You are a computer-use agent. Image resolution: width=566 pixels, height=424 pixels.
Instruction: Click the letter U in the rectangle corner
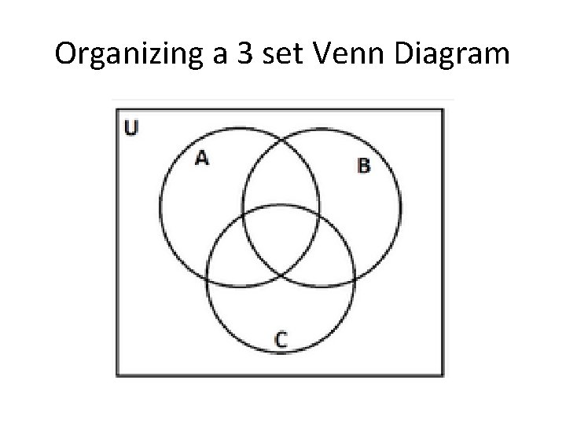pos(130,127)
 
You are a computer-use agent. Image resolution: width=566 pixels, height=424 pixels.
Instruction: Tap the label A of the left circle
pos(202,158)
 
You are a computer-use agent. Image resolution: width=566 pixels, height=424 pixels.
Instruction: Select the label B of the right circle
pos(363,165)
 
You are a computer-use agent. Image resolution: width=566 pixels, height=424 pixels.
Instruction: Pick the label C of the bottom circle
pos(281,338)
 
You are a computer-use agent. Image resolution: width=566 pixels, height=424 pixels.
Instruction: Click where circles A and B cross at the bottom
pos(281,275)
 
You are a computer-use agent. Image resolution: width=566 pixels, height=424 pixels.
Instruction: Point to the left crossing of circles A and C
pos(208,277)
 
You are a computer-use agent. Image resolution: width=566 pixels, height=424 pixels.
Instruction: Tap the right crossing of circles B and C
pos(354,277)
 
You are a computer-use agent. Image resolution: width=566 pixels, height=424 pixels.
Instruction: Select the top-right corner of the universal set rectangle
pos(443,109)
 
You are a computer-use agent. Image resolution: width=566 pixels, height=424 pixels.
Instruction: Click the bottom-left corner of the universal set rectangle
pos(117,376)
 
